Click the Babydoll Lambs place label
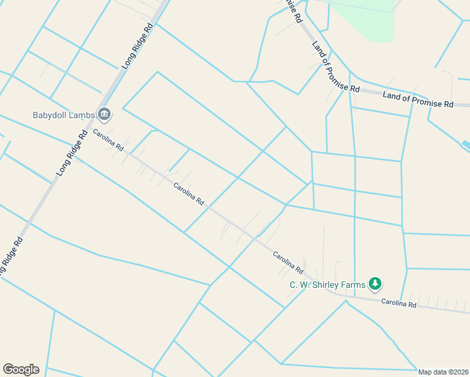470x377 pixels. pos(63,114)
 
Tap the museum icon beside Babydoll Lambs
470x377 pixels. pos(104,114)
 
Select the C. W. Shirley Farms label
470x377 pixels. pos(327,285)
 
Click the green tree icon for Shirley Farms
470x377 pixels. pos(375,285)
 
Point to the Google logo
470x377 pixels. pos(21,369)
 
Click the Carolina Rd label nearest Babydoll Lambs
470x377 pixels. pos(108,140)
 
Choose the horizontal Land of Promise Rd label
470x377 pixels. pos(418,99)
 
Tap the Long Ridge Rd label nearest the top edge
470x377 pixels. pos(138,46)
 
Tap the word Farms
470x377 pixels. pos(353,285)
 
